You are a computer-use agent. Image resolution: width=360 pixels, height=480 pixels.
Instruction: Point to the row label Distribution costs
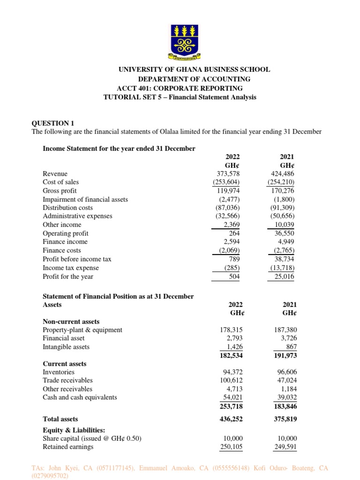point(67,208)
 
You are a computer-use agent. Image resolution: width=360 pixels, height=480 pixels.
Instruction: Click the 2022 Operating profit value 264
point(234,233)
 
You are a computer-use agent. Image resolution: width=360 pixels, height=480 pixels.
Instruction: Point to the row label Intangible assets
point(66,347)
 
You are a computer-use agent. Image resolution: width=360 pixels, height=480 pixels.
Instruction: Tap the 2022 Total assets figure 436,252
point(231,419)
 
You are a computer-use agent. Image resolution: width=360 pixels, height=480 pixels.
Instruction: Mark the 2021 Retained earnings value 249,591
point(285,447)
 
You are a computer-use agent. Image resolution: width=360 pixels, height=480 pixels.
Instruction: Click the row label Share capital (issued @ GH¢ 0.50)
point(92,438)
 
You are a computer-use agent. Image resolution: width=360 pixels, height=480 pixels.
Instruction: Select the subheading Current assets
point(65,364)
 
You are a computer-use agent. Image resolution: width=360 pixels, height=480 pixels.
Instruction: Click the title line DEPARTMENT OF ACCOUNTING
point(194,79)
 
